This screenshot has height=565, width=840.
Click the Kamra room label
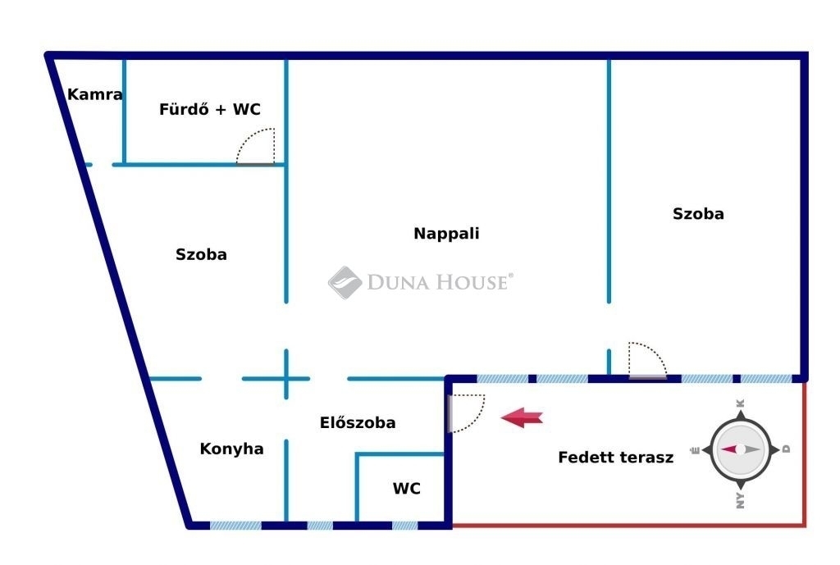(95, 95)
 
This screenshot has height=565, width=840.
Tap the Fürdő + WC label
(209, 109)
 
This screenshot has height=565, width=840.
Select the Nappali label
(446, 234)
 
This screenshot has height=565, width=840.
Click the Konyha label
(231, 449)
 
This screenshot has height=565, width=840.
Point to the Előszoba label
(358, 422)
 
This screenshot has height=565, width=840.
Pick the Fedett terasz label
(615, 458)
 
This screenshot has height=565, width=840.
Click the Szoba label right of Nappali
(698, 214)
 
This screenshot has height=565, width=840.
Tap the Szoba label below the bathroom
(201, 254)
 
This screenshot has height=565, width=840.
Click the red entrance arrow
(522, 417)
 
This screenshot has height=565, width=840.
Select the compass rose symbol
(741, 449)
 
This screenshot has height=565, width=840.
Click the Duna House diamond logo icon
(345, 282)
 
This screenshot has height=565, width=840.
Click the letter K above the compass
(741, 403)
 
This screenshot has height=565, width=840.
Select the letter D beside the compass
(786, 449)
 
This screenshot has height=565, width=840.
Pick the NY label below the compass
(741, 500)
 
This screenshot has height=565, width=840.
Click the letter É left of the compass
(696, 450)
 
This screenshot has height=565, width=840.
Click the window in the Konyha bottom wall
(235, 526)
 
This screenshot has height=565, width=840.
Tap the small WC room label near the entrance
(407, 489)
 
